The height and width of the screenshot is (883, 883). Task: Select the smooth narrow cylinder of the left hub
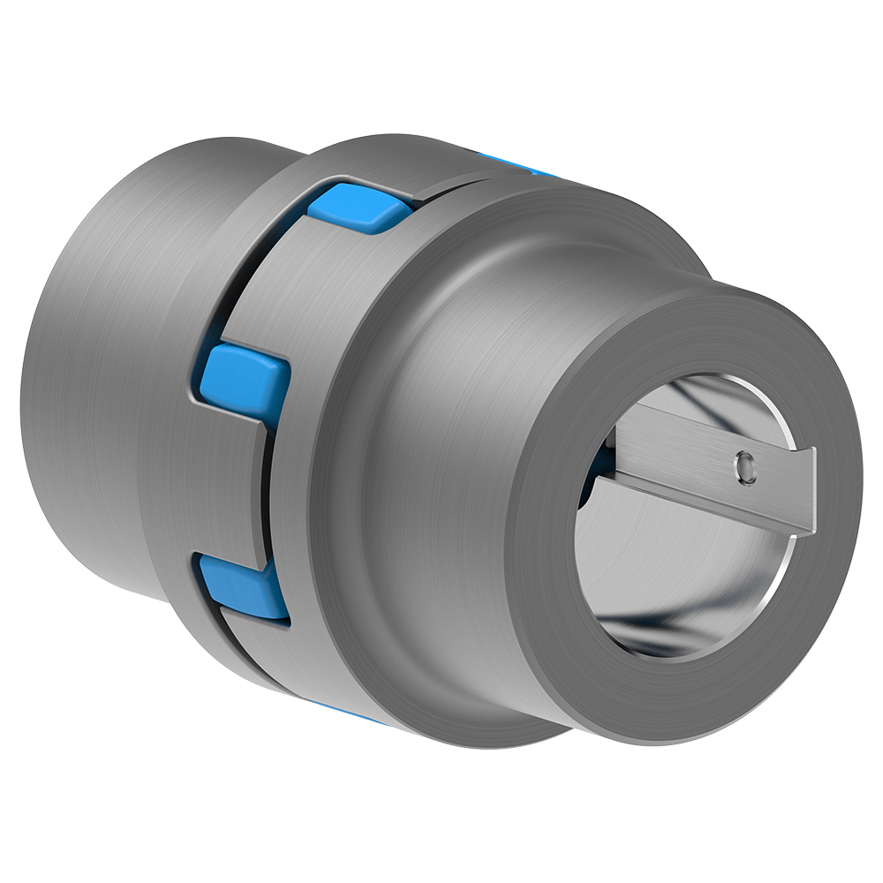click(x=88, y=397)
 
